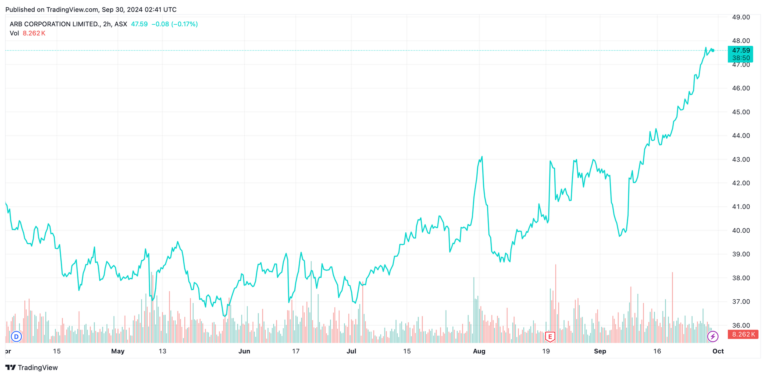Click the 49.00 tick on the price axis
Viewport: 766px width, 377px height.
[741, 17]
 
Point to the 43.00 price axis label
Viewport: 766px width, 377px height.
[741, 159]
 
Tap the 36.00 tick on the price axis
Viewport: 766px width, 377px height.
[741, 326]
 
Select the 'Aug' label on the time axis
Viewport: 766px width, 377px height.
[479, 351]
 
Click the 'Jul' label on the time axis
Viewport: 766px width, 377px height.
[351, 351]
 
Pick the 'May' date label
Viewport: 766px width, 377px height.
[118, 351]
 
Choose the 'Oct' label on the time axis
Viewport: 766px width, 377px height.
[718, 351]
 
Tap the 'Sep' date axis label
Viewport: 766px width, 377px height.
[600, 351]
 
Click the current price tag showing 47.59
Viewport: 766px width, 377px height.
[741, 51]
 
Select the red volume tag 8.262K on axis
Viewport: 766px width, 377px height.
[743, 334]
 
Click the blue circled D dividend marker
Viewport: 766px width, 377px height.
[16, 337]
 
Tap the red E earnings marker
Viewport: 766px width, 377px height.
[550, 337]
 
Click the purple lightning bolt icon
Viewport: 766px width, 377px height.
[713, 337]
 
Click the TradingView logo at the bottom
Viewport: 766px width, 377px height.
[32, 367]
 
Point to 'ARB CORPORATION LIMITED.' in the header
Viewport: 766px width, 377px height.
[55, 24]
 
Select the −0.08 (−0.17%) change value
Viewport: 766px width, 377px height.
[174, 24]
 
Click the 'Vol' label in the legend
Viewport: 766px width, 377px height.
[14, 33]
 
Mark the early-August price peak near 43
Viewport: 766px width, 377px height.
[482, 157]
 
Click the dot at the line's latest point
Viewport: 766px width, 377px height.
[713, 51]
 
